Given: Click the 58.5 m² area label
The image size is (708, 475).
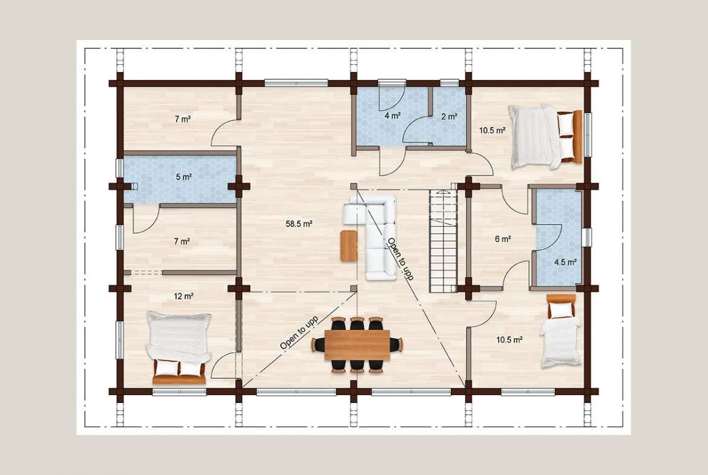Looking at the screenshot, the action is pos(300,223).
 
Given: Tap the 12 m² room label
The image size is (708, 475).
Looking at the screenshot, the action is pos(184,296).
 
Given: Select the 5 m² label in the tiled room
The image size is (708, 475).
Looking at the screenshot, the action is pos(184,177).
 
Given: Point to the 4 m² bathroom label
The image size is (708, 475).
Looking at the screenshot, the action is pos(393,116).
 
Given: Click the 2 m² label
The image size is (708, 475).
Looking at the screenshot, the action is pos(449,117).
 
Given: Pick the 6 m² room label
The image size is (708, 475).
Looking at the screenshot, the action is pos(502,239).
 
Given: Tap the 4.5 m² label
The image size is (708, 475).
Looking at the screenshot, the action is pos(565,262).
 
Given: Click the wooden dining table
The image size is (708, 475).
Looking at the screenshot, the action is pos(357,346).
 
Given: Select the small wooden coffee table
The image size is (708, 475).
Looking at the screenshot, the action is pos(349,245).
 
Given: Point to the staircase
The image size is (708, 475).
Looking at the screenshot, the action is pos(444,241).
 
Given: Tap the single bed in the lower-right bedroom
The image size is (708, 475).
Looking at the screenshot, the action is pos(561,330).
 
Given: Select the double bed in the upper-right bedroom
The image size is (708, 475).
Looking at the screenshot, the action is pos(545,136).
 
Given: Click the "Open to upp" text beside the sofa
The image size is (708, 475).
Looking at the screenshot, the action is pos(401,259).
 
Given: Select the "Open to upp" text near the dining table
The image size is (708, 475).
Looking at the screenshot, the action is pos(299,333).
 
